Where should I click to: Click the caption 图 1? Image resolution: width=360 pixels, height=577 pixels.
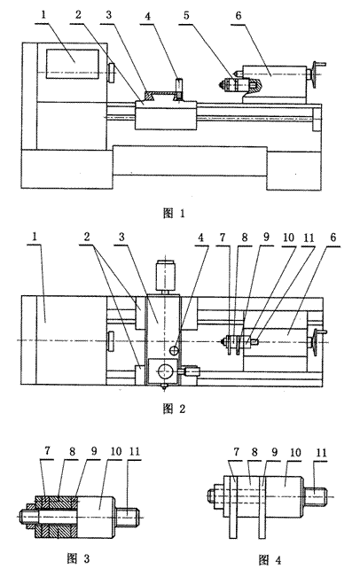tap(174, 213)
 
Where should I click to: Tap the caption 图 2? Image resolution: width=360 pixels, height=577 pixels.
tap(174, 409)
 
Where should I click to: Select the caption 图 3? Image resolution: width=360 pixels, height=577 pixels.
tap(78, 559)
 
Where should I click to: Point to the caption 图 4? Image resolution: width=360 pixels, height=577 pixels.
tap(270, 560)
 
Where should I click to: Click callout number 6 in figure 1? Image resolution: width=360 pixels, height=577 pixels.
tap(239, 15)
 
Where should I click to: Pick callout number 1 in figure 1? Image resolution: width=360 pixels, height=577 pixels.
tap(44, 15)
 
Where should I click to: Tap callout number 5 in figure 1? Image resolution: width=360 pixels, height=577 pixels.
tap(186, 15)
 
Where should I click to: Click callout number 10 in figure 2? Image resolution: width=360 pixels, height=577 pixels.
tap(289, 237)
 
